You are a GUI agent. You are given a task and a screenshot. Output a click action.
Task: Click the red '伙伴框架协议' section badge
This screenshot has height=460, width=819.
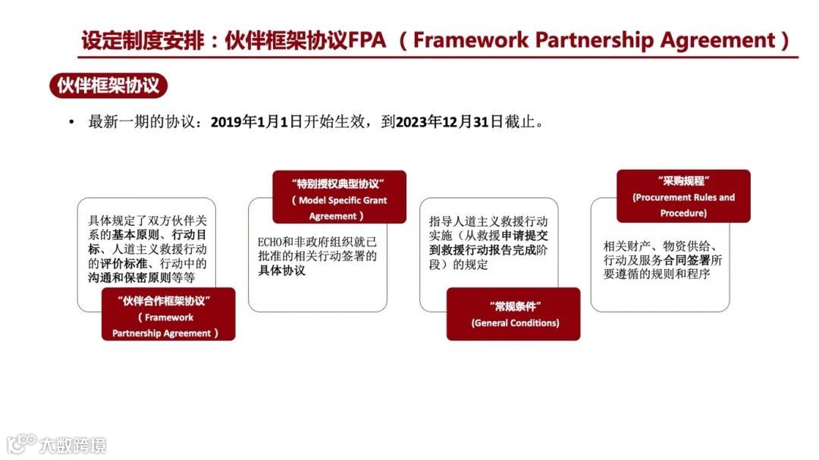(108, 86)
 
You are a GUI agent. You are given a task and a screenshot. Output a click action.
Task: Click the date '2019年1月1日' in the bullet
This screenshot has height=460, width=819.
(256, 122)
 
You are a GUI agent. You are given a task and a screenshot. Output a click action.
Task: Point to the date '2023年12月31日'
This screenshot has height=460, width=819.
(450, 122)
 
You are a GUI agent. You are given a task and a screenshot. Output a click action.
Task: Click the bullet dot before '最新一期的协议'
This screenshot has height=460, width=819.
(71, 122)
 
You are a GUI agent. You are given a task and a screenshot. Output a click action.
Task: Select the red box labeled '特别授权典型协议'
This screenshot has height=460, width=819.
(339, 197)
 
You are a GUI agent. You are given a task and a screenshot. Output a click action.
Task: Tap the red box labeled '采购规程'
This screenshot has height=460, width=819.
(683, 196)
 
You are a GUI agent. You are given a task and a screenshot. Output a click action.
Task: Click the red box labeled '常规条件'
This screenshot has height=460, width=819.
(513, 314)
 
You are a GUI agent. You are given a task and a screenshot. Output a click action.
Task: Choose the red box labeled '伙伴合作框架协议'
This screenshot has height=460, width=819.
(168, 314)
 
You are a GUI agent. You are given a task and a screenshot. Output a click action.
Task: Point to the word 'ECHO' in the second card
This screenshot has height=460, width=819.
(271, 243)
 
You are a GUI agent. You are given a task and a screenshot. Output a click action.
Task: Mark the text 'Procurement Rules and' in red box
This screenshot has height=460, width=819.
(683, 198)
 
